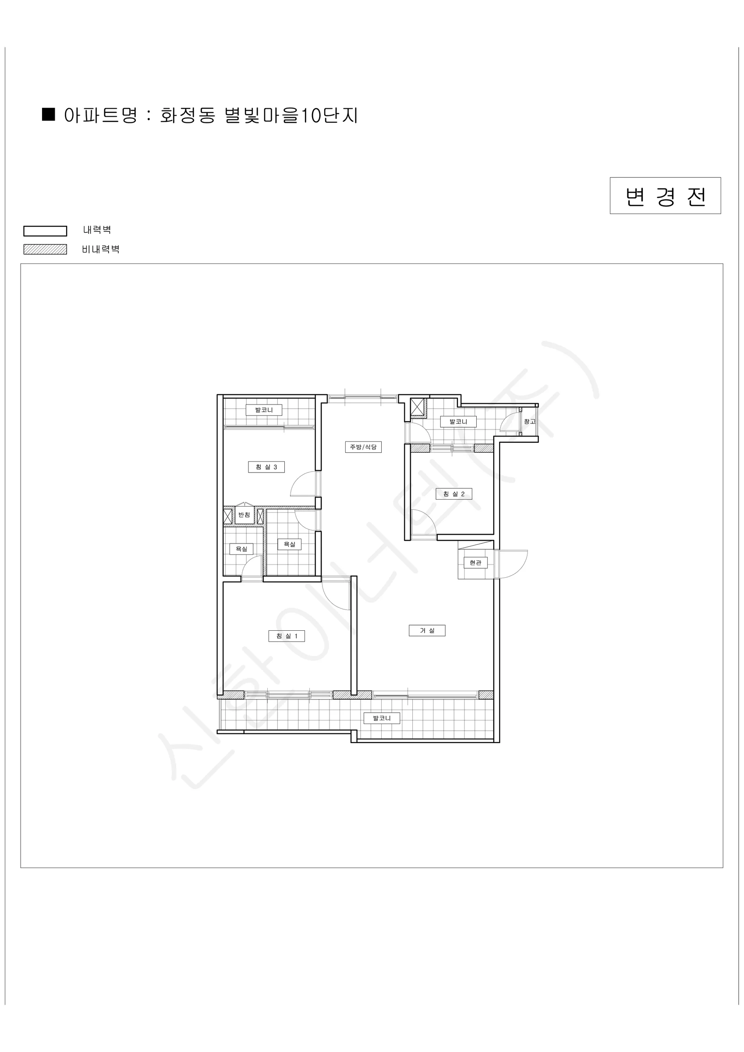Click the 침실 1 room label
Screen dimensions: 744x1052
tap(287, 636)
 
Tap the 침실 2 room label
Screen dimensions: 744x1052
tap(453, 494)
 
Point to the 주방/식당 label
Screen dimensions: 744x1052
tap(363, 447)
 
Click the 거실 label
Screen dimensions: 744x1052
tap(427, 630)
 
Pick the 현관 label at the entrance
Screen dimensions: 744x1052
tap(475, 563)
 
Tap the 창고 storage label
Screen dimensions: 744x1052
tap(530, 422)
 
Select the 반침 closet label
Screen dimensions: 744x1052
tap(244, 515)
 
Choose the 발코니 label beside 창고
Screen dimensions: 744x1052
tap(458, 422)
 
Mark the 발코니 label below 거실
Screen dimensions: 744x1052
tap(382, 718)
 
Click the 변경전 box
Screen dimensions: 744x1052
tap(665, 195)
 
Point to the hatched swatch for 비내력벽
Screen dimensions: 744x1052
tap(46, 249)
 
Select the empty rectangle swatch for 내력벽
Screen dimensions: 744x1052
tap(46, 231)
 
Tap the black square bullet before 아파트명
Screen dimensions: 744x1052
tap(49, 114)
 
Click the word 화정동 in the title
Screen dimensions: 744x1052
tap(188, 115)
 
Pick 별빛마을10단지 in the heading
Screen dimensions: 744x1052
tap(291, 115)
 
